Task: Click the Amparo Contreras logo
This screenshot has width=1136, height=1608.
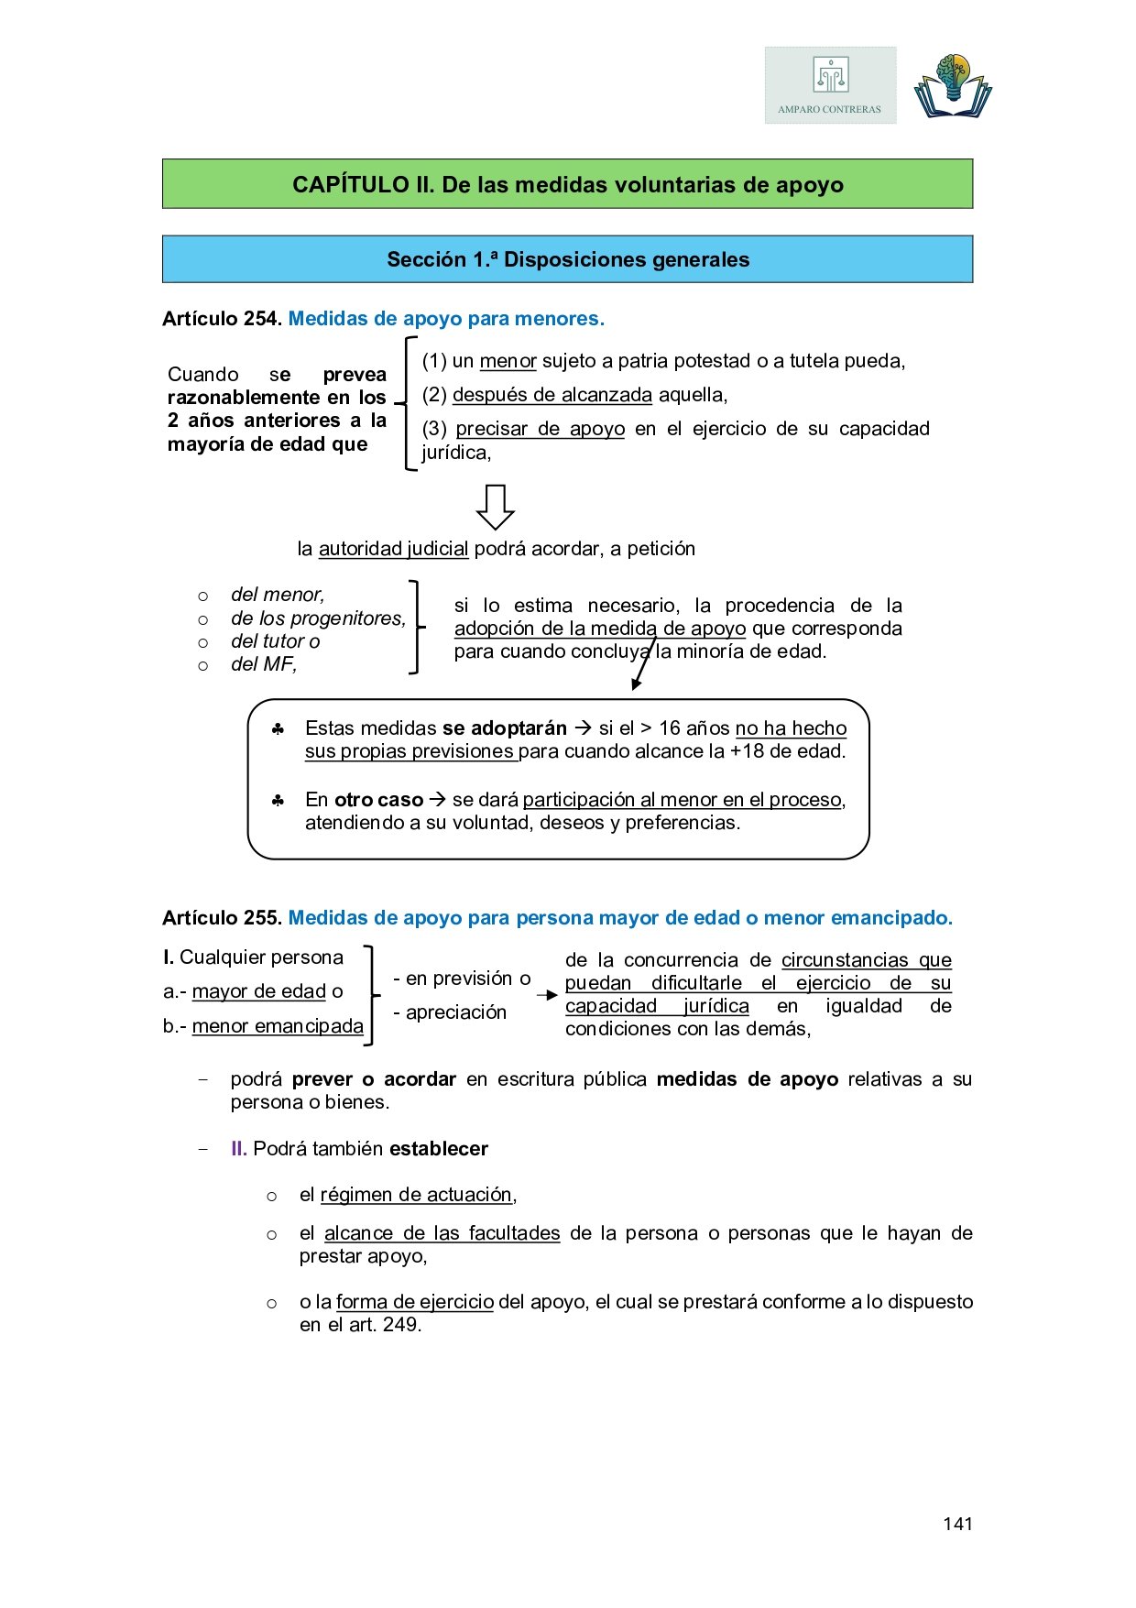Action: coord(830,85)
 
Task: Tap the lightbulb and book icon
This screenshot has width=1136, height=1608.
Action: coord(953,86)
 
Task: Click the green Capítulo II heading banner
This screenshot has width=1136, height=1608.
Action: coord(567,184)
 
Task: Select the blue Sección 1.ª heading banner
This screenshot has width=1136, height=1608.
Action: coord(567,259)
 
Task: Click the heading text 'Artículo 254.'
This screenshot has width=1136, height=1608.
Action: coord(222,319)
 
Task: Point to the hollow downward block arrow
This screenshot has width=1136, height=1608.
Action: coord(496,507)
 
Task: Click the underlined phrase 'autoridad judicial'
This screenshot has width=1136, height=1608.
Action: coord(393,549)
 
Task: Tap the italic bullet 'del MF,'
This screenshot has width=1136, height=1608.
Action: coord(264,664)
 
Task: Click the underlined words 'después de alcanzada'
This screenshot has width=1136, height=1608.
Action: coord(552,395)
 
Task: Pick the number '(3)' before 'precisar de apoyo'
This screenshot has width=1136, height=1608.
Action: coord(434,429)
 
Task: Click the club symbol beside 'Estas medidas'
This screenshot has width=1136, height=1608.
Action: coord(278,729)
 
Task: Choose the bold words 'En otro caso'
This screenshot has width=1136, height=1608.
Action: coord(364,800)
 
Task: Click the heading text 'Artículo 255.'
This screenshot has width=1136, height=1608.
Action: coord(222,918)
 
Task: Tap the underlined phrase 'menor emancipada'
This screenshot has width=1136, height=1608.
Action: coord(278,1026)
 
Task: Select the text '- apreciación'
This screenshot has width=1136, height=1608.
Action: coord(450,1012)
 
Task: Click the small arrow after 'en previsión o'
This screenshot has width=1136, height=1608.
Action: coord(547,995)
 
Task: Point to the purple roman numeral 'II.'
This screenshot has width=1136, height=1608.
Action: coord(238,1149)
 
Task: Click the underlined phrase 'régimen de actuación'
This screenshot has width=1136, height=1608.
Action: coord(416,1195)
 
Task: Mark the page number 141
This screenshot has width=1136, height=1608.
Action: coord(957,1524)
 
